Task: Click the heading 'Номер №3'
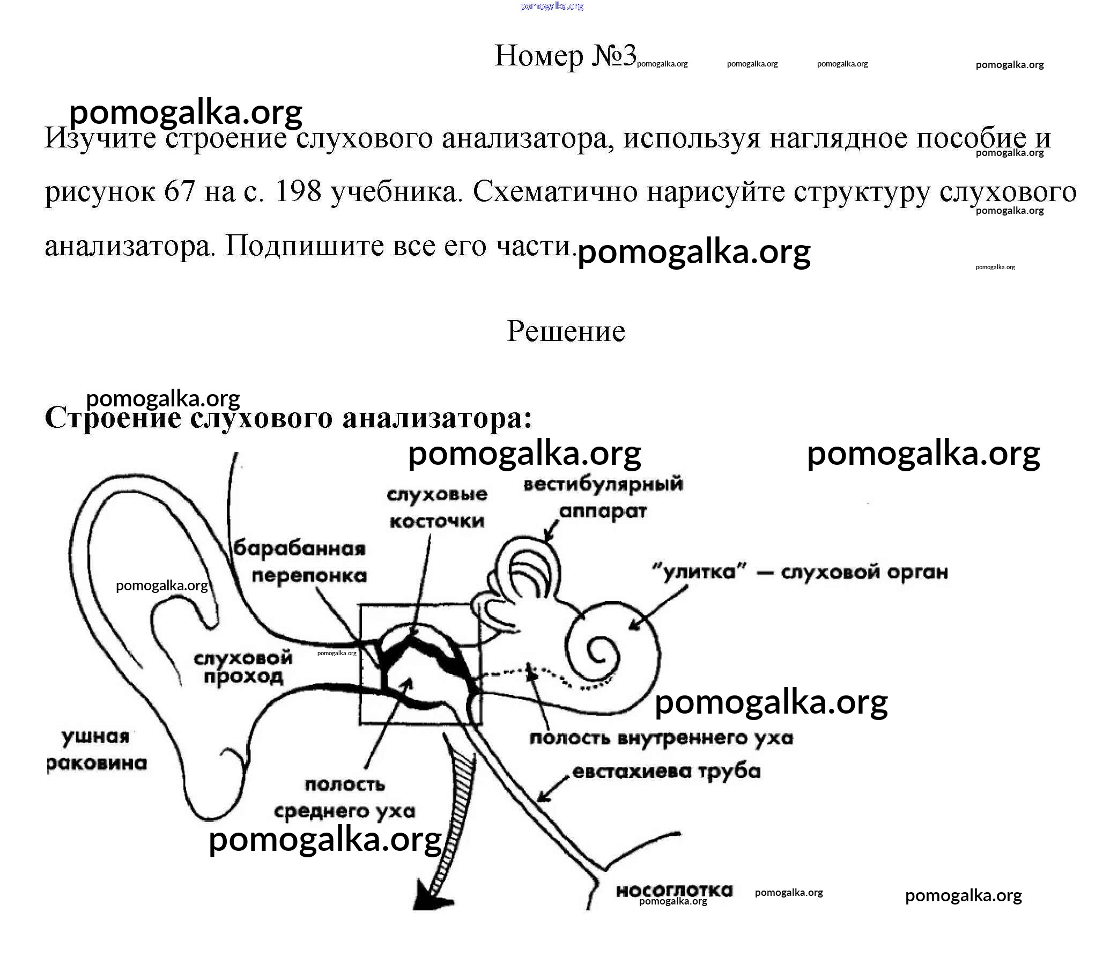pos(566,55)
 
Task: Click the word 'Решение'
pos(566,331)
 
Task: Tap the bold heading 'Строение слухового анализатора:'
pos(288,418)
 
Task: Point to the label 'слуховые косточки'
pos(437,507)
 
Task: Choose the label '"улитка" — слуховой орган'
pos(800,572)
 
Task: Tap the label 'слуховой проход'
pos(243,667)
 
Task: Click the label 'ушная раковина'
pos(97,750)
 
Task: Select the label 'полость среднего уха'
pos(344,798)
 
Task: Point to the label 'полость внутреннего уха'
pos(661,738)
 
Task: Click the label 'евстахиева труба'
pos(667,772)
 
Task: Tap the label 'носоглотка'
pos(674,891)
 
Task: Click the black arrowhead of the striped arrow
pos(434,896)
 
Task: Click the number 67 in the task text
pos(179,192)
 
